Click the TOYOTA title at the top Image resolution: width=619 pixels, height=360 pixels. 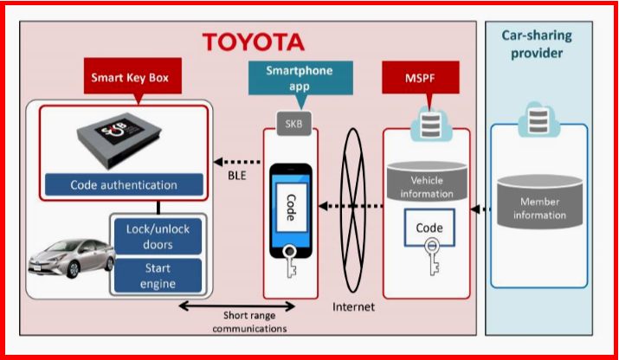point(254,42)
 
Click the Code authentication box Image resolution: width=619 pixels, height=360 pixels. point(123,184)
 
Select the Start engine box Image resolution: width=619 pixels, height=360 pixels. point(158,276)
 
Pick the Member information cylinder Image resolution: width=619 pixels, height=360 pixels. point(538,202)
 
